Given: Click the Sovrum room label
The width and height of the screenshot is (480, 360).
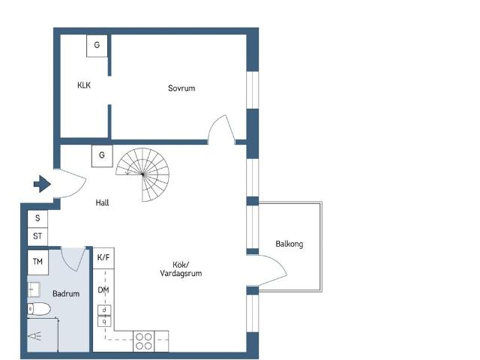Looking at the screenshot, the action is [181, 88].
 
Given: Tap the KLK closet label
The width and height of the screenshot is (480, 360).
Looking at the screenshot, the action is [84, 85].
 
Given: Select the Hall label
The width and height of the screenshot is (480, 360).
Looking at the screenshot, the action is [102, 202].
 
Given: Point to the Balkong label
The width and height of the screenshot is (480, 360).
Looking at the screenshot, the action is [289, 244].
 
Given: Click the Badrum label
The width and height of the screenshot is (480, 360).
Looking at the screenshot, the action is [66, 293].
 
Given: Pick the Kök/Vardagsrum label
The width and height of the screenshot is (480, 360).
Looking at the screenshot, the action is [181, 269].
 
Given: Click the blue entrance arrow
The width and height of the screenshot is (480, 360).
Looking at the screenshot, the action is [42, 184].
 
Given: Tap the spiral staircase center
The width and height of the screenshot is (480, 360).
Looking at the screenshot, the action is [142, 175].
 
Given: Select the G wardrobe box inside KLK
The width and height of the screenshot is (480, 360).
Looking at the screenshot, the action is [97, 46].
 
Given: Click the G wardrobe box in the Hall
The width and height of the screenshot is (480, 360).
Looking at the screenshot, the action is [102, 156].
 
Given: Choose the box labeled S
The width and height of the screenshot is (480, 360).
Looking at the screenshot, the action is [37, 218].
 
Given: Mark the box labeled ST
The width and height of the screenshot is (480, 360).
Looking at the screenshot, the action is [37, 237].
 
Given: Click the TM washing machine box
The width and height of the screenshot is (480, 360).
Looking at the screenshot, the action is [38, 262].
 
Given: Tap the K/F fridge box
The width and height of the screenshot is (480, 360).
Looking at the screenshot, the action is [103, 258].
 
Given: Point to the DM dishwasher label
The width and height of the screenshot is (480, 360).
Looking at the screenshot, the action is [103, 290].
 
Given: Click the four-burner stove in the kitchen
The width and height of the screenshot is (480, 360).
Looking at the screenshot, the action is [144, 341].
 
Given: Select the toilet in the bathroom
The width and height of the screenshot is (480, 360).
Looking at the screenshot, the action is [39, 309].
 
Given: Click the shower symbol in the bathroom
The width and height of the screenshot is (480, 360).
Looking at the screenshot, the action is [35, 336].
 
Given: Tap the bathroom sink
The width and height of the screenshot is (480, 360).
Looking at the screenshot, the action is [34, 289].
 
